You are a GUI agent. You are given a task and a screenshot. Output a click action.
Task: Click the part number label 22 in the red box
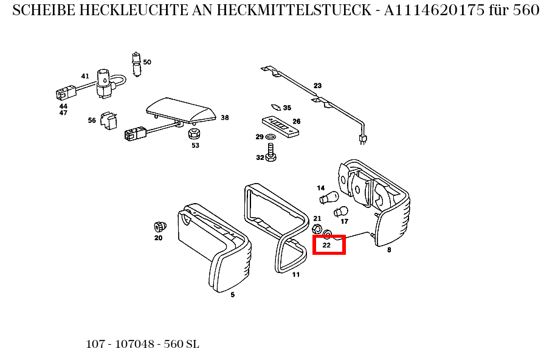coord(326,246)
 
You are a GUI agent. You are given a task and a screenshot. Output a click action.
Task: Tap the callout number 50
coord(147,62)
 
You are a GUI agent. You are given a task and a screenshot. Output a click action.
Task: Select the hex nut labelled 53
coord(195,133)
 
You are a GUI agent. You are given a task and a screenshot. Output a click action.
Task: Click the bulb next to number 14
coord(329,198)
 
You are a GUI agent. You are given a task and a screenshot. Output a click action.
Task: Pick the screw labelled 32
coord(271,152)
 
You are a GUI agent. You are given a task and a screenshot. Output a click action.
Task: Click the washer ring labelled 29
coord(271,137)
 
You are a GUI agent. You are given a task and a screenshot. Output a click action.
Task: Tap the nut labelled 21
coord(317,229)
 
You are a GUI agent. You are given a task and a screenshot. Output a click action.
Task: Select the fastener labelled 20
coord(160,226)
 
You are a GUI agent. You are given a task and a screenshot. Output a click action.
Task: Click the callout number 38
coord(225,117)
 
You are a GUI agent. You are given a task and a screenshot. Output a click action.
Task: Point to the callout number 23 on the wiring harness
coord(317,85)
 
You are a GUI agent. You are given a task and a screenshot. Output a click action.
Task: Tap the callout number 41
coord(85,76)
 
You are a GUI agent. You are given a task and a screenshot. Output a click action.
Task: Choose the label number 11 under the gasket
coord(296,274)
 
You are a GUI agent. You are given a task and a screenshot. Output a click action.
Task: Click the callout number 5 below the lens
coord(232,295)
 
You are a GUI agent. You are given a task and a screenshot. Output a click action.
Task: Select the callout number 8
coord(389,249)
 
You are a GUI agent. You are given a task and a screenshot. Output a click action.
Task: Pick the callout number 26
coord(297,121)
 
